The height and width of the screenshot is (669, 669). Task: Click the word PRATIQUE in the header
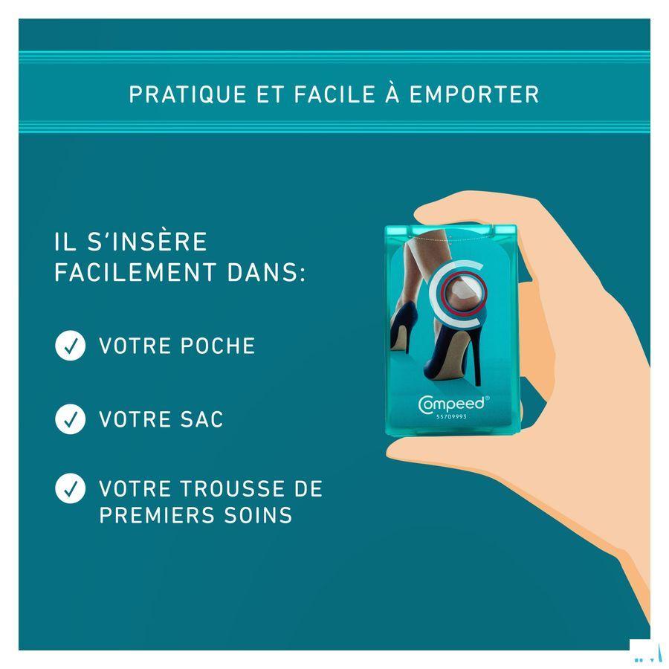[188, 94]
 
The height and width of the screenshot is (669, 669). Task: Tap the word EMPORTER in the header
[474, 94]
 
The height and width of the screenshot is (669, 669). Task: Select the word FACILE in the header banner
[334, 94]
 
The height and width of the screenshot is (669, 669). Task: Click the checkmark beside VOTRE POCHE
[71, 346]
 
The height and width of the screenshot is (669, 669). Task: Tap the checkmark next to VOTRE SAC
[71, 419]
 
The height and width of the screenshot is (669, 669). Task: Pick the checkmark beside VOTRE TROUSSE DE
[71, 488]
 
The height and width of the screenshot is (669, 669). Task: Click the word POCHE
[218, 346]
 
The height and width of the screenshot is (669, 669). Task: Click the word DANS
[266, 272]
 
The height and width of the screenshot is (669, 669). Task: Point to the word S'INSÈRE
[147, 242]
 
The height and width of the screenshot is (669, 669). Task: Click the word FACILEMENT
[135, 272]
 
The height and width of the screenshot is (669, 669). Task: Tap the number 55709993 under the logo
[451, 417]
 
